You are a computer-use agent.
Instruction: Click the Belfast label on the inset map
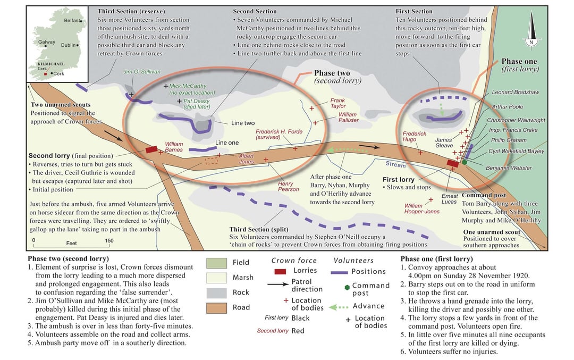(72, 21)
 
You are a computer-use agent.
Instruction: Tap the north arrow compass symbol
(531, 29)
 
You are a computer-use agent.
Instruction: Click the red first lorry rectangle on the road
(452, 163)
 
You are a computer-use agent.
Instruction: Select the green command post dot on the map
(464, 162)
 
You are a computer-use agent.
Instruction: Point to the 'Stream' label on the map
(395, 164)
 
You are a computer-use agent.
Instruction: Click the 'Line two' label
(243, 123)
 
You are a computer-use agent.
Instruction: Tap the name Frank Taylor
(338, 103)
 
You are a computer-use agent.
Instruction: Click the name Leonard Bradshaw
(516, 93)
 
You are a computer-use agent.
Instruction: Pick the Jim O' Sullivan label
(142, 72)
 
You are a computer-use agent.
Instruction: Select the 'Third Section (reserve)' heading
(131, 11)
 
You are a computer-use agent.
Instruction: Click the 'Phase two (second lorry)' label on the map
(337, 77)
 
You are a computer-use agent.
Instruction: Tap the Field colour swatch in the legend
(216, 263)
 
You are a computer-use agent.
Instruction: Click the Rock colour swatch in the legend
(216, 293)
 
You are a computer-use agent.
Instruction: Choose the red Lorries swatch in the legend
(280, 271)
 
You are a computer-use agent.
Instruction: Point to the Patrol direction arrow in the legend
(278, 284)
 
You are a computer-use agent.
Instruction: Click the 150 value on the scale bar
(109, 240)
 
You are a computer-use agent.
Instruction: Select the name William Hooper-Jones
(422, 208)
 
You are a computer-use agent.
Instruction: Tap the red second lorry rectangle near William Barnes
(151, 149)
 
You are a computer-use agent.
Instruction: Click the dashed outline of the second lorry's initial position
(212, 161)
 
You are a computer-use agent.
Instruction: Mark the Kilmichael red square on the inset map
(45, 74)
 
